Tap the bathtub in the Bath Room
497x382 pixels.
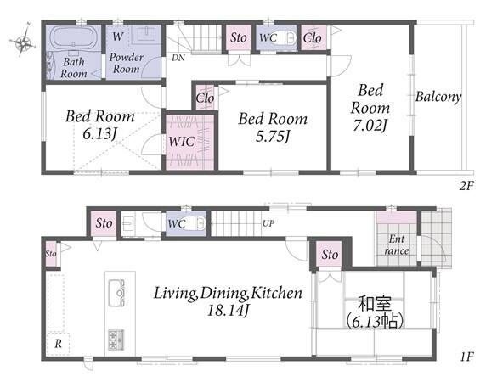coord(73,38)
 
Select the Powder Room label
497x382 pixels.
coord(126,63)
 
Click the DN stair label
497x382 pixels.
coord(178,58)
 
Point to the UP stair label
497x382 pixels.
coord(268,223)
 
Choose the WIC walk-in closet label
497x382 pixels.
coord(181,141)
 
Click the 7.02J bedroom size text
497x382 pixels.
coord(370,126)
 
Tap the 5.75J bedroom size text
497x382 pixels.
coord(272,137)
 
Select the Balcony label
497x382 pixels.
coord(438,97)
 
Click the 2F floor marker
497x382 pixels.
coord(466,186)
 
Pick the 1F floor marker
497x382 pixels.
coord(466,357)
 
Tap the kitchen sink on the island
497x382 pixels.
coord(116,293)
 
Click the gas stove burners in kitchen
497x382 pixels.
coord(116,340)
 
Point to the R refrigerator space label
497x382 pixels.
coord(58,344)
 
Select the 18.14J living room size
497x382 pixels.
coord(227,311)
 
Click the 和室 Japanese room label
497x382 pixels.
coord(375,304)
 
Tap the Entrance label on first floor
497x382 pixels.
coord(397,244)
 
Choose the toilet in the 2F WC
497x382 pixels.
coord(290,38)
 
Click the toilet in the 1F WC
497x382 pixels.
coord(200,223)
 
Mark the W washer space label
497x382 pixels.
coord(117,37)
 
